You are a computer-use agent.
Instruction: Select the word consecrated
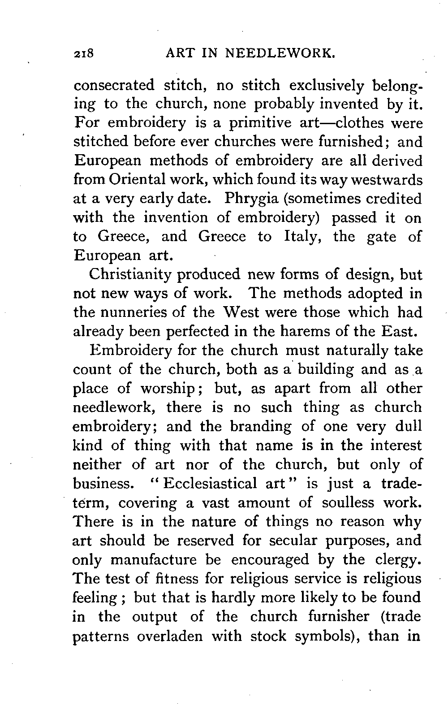[114, 85]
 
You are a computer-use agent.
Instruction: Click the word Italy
[301, 236]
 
